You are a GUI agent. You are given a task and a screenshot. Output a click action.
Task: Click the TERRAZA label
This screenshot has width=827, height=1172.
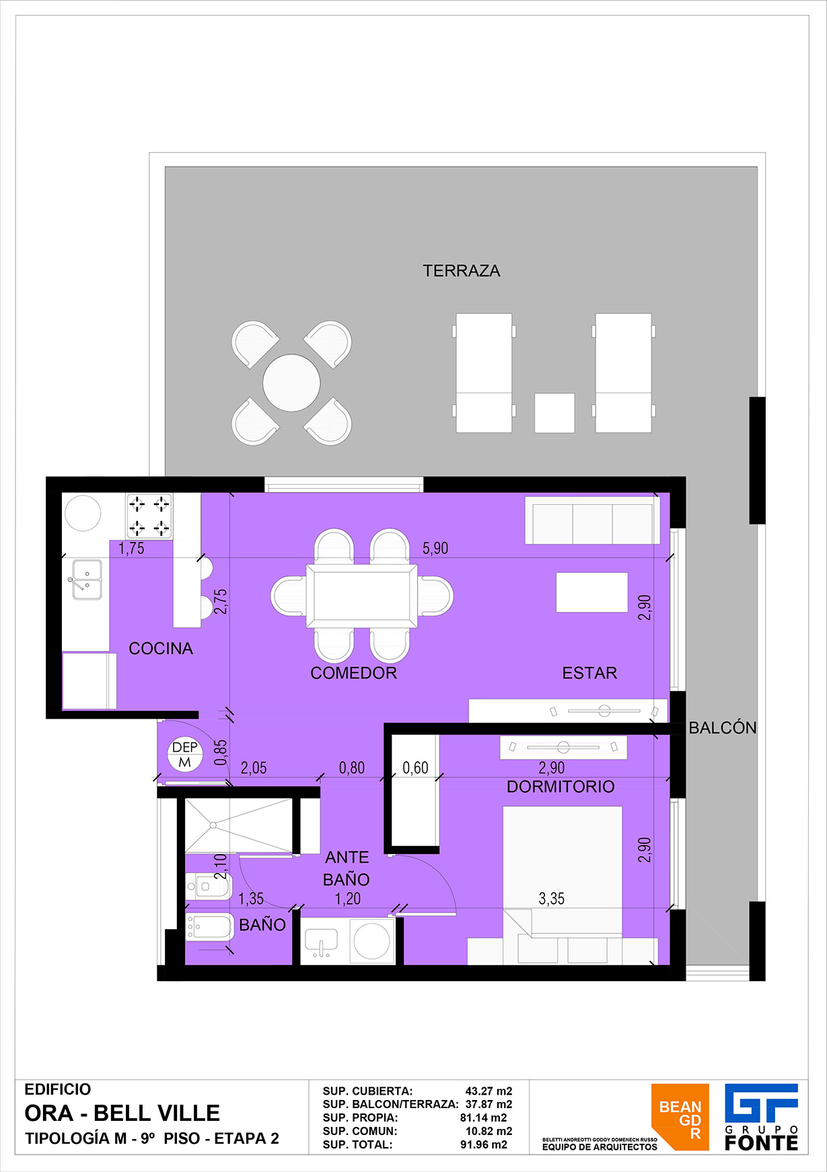462,271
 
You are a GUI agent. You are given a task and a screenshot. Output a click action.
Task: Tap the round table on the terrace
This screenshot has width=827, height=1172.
291,383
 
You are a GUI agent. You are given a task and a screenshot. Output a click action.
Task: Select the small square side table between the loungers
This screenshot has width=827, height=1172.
554,413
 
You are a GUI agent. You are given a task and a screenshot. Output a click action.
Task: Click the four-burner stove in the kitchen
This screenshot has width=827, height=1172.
149,516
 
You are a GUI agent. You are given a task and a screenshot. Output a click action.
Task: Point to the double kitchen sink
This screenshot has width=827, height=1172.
87,579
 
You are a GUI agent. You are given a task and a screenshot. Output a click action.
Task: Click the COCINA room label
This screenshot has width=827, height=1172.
161,648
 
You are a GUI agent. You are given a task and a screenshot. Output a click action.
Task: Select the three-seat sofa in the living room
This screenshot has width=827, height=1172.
592,520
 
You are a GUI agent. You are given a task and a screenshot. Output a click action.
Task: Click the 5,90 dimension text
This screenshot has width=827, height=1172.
435,548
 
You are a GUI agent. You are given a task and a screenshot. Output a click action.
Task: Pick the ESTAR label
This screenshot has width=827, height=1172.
589,673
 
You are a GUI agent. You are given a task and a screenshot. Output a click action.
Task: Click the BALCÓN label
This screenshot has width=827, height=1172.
723,728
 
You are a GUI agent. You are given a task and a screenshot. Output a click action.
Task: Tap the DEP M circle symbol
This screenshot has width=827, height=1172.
185,754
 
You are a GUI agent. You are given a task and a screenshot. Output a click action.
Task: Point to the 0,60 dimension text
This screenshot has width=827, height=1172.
415,768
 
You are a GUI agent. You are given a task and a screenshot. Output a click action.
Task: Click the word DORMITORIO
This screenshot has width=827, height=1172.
561,787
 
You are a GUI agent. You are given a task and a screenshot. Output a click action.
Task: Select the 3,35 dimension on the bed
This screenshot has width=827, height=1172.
551,899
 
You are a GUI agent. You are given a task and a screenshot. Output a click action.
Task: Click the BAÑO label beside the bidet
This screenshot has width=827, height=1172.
262,925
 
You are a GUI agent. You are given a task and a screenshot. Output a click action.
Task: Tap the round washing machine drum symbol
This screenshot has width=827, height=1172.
372,941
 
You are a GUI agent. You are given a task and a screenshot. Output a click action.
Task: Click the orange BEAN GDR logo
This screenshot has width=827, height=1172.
680,1117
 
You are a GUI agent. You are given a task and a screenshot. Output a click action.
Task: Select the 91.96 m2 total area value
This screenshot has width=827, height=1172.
484,1144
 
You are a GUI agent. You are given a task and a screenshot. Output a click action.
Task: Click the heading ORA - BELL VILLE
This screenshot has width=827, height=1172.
122,1114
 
